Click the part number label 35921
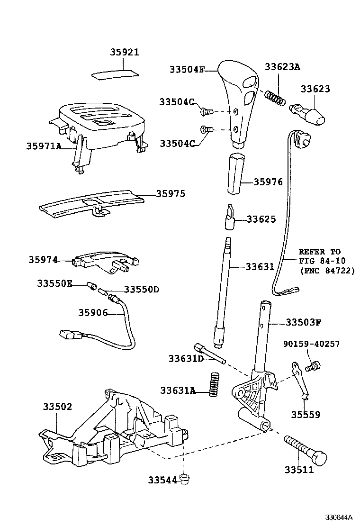[125, 53]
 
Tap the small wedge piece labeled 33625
[230, 217]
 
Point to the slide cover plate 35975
[90, 203]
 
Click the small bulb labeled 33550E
[91, 285]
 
